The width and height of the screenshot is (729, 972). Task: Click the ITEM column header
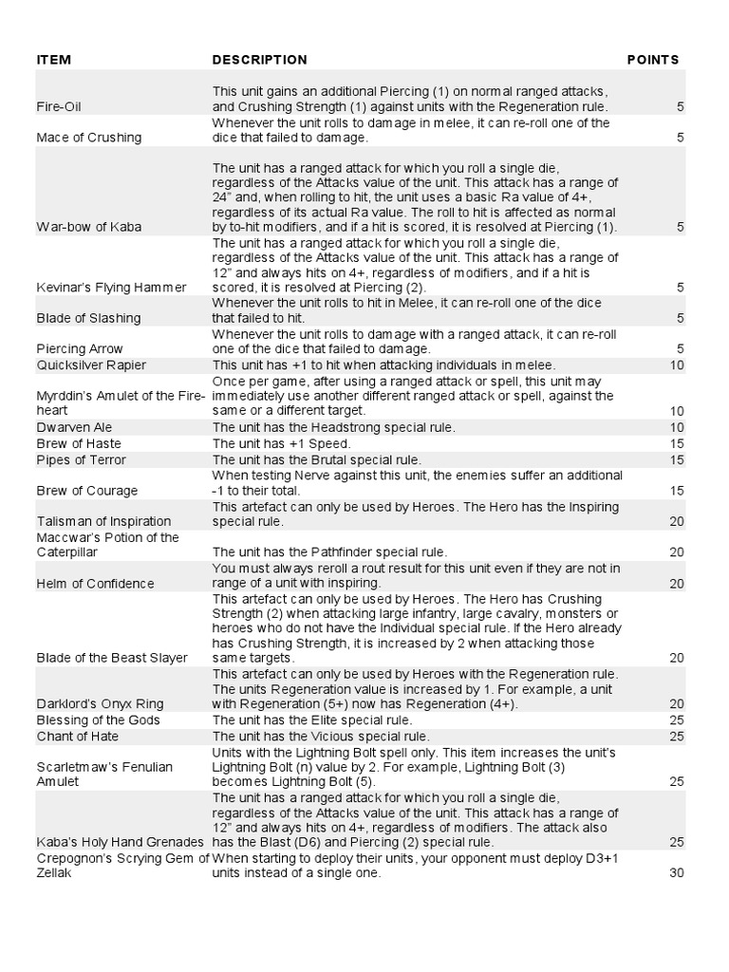pyautogui.click(x=54, y=60)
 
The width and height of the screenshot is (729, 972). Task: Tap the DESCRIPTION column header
pyautogui.click(x=259, y=60)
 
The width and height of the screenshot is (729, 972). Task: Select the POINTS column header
pyautogui.click(x=653, y=60)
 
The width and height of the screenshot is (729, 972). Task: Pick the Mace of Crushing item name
pyautogui.click(x=88, y=138)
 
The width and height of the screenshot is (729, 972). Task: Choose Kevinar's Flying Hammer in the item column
pyautogui.click(x=111, y=287)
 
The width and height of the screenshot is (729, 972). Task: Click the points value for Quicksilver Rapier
pyautogui.click(x=677, y=364)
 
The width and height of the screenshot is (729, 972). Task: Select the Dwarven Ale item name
pyautogui.click(x=72, y=428)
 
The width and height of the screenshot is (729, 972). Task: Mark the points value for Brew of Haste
pyautogui.click(x=677, y=444)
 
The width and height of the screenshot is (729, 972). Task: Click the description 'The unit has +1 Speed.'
pyautogui.click(x=282, y=444)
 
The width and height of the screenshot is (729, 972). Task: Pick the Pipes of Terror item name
pyautogui.click(x=81, y=460)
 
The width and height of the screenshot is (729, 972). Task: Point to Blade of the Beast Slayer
pyautogui.click(x=111, y=658)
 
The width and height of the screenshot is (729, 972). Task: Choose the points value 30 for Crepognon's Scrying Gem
pyautogui.click(x=677, y=873)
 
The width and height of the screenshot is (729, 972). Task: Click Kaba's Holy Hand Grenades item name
pyautogui.click(x=120, y=842)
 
